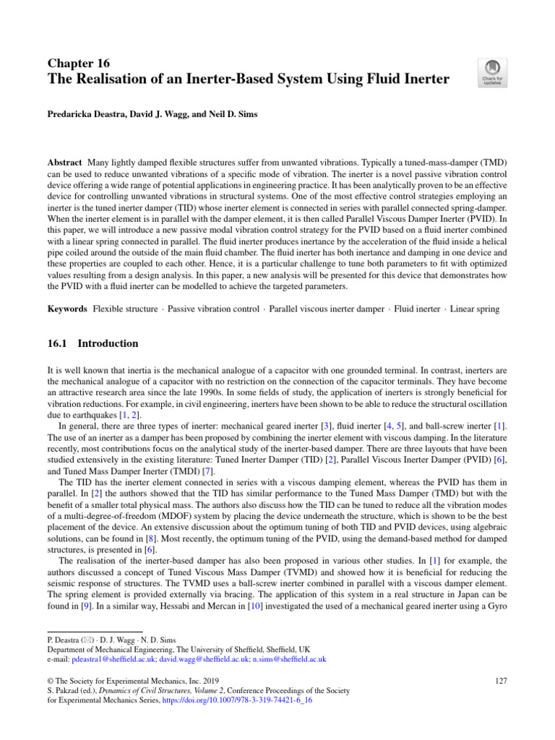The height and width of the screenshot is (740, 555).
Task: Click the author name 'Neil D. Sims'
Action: point(235,114)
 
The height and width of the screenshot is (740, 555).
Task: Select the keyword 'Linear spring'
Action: point(475,309)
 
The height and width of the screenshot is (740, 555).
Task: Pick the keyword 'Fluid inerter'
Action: point(416,309)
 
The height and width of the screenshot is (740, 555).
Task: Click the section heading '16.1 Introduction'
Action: point(92,343)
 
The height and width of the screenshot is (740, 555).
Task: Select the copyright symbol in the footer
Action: point(51,679)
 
